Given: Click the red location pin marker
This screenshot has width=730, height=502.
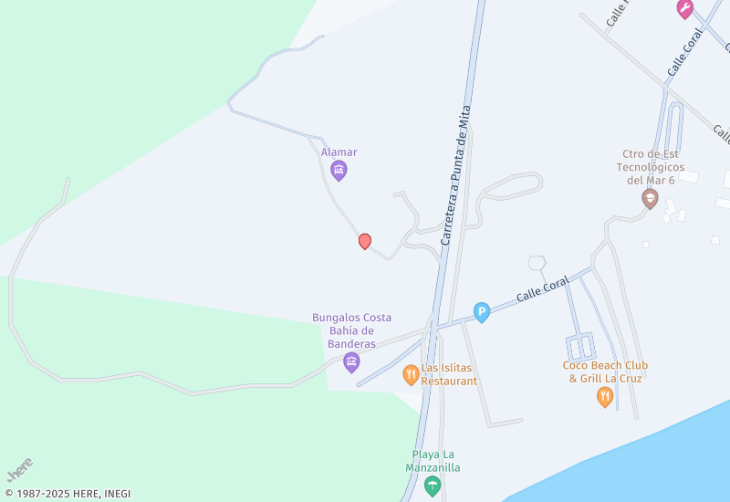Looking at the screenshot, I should click(365, 241).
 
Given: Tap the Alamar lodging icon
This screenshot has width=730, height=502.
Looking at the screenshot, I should click(339, 170).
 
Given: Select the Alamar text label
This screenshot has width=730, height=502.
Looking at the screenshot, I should click(339, 152).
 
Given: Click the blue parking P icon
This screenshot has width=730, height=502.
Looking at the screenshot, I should click(482, 313).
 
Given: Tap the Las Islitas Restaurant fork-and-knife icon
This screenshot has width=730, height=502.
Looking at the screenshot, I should click(412, 374).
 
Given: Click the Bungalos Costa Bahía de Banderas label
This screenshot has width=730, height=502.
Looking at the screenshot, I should click(352, 330).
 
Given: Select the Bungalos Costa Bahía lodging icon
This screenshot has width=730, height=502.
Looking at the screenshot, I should click(351, 362).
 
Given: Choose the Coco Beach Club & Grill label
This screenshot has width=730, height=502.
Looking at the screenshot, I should click(605, 371).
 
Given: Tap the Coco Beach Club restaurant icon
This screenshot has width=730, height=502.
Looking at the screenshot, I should click(604, 396).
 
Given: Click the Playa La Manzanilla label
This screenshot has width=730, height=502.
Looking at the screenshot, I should click(433, 461).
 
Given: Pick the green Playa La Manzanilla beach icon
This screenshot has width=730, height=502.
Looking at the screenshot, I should click(433, 485).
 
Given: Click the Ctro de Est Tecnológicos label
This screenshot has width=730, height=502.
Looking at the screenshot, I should click(650, 167).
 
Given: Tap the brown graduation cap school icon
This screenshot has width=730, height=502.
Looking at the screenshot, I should click(650, 198).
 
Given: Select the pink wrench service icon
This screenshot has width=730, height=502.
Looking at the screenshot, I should click(684, 9).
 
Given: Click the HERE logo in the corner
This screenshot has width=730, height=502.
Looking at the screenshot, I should click(19, 470).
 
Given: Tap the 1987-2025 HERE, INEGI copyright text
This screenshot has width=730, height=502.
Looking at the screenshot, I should click(68, 494).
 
